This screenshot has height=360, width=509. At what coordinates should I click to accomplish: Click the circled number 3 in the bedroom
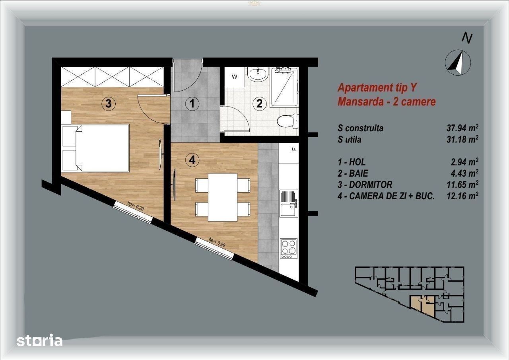[109, 104]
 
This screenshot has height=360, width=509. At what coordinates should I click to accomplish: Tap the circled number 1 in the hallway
[192, 104]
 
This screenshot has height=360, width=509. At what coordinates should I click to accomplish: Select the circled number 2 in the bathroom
[259, 104]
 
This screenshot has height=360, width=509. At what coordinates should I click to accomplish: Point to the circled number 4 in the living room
[192, 160]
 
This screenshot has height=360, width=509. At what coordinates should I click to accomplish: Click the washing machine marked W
[234, 77]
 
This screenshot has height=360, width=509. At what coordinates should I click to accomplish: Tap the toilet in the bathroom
[288, 121]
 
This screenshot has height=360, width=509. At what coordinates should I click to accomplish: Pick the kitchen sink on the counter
[289, 203]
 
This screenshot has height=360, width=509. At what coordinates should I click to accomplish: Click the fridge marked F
[288, 153]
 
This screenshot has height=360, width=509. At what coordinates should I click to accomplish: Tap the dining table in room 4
[223, 197]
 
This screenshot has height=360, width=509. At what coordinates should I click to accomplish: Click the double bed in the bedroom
[95, 148]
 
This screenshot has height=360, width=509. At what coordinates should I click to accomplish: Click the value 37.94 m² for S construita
[462, 128]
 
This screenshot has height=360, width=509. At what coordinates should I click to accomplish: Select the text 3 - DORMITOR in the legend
[365, 185]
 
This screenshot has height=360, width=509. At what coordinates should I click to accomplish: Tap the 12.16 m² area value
[462, 196]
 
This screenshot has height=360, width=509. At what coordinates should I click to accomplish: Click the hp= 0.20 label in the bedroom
[136, 206]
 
